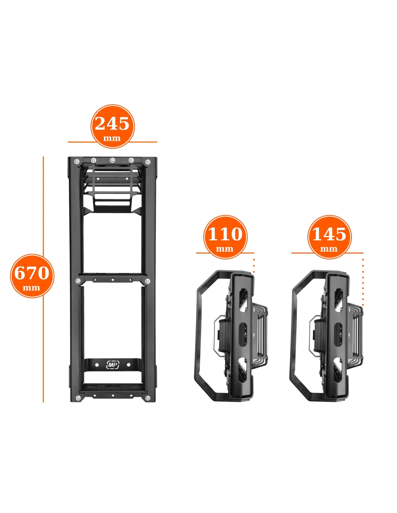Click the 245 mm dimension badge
(112, 126)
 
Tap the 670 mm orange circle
(32, 276)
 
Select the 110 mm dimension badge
(225, 237)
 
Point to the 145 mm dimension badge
(329, 237)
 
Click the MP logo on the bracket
(113, 364)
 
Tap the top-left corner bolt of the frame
(77, 162)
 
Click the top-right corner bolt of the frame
(148, 162)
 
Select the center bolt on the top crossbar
(112, 160)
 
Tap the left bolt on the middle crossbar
(78, 281)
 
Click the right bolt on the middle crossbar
(147, 281)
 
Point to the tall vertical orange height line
(43, 279)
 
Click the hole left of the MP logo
(97, 365)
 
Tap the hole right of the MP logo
(128, 365)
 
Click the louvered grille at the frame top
(112, 189)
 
